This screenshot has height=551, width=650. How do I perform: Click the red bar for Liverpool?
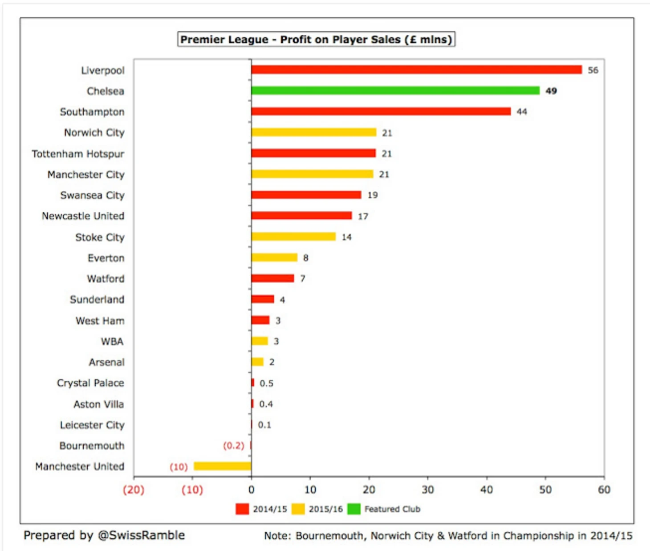(416, 70)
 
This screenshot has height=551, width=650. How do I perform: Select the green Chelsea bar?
(395, 91)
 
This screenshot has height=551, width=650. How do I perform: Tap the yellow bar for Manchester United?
(222, 466)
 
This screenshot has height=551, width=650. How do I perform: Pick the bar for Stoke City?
(293, 237)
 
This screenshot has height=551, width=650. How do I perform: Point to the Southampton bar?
(381, 111)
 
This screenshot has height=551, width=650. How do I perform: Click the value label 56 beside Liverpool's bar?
(593, 70)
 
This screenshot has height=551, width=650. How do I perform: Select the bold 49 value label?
(551, 91)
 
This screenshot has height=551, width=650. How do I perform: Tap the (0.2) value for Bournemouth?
(234, 446)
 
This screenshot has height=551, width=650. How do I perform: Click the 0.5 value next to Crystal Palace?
(266, 383)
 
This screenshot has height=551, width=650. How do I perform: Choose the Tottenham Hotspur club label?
(78, 154)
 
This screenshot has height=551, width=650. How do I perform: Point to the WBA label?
(112, 342)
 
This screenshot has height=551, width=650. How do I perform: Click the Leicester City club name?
(92, 425)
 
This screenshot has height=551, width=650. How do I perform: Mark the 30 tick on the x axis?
(427, 490)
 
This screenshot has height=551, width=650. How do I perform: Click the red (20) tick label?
(134, 490)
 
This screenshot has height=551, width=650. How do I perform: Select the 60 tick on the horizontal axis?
(604, 490)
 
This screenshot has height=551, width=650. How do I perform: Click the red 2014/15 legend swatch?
(242, 509)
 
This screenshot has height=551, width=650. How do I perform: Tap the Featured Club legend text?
(392, 509)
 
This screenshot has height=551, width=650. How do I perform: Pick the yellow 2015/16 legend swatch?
(298, 509)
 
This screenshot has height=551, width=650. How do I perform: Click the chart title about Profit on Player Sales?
(316, 40)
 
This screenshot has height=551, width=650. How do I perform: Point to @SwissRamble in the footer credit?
(141, 535)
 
